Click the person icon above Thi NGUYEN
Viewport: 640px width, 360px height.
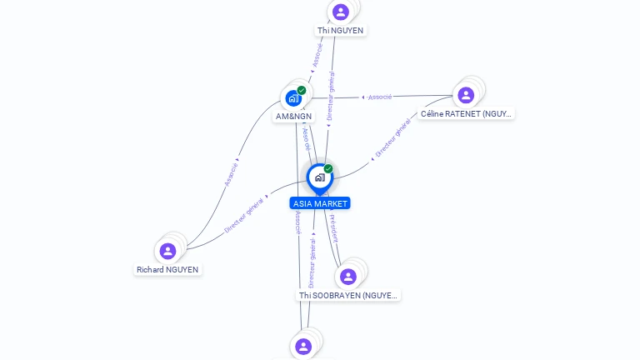point(340,12)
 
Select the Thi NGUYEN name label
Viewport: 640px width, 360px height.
point(340,31)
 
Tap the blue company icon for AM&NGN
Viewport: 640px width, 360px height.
point(293,98)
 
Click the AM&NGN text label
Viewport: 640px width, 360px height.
point(294,117)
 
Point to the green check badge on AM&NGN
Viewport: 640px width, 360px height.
point(302,90)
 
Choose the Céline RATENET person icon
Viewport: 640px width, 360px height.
point(466,94)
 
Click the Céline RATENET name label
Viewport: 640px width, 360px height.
point(466,113)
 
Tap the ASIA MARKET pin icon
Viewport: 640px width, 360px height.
point(319,177)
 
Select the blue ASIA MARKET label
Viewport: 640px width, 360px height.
point(320,203)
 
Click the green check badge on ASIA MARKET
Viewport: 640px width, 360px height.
point(328,168)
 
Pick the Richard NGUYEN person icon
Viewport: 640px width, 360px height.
point(167,251)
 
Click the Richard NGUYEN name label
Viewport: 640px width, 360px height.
point(167,270)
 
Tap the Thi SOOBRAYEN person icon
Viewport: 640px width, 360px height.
point(348,276)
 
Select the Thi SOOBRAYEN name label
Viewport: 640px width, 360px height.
point(349,295)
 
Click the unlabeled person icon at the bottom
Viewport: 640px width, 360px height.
point(303,346)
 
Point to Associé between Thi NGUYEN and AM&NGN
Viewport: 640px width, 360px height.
point(317,55)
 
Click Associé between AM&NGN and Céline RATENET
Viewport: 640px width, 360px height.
point(379,97)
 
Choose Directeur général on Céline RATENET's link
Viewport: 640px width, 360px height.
point(392,139)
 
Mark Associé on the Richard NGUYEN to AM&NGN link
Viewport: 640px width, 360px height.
point(231,173)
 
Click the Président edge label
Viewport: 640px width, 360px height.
point(333,228)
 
